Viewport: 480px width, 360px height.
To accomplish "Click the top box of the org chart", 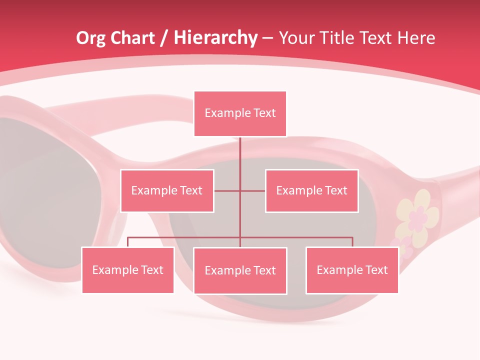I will (240, 113).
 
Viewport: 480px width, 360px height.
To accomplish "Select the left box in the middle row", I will (167, 190).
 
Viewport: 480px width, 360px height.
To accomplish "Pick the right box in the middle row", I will (311, 190).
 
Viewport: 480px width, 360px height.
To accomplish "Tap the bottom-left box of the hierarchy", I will (127, 270).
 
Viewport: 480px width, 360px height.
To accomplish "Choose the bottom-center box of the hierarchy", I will (240, 270).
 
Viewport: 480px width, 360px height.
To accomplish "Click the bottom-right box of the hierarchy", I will (352, 270).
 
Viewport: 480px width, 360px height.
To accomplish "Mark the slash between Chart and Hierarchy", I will (163, 38).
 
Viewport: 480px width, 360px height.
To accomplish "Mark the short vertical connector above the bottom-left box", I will (127, 242).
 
